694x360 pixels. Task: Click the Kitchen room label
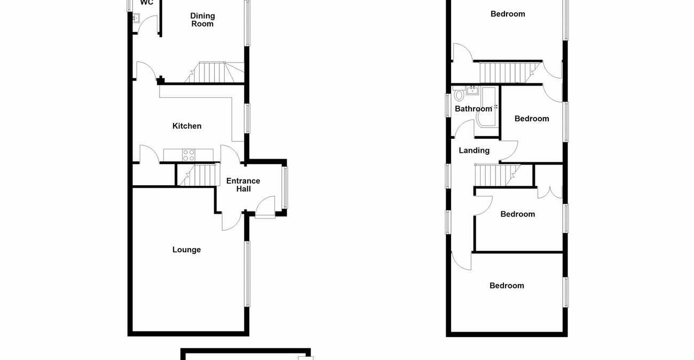point(187,126)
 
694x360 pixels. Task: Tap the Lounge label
point(187,249)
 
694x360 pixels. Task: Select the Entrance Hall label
point(243,185)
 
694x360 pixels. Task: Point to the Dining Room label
point(202,20)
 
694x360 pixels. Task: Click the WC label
point(147,3)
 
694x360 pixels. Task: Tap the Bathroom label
point(473,109)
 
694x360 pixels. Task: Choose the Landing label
point(474,151)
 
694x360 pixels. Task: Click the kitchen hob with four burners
point(189,155)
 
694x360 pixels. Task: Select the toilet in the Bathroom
point(459,96)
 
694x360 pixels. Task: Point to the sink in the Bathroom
point(472,90)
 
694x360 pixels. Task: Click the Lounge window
point(247,274)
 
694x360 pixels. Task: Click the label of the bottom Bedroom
point(507,286)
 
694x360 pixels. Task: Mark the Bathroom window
point(448,105)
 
